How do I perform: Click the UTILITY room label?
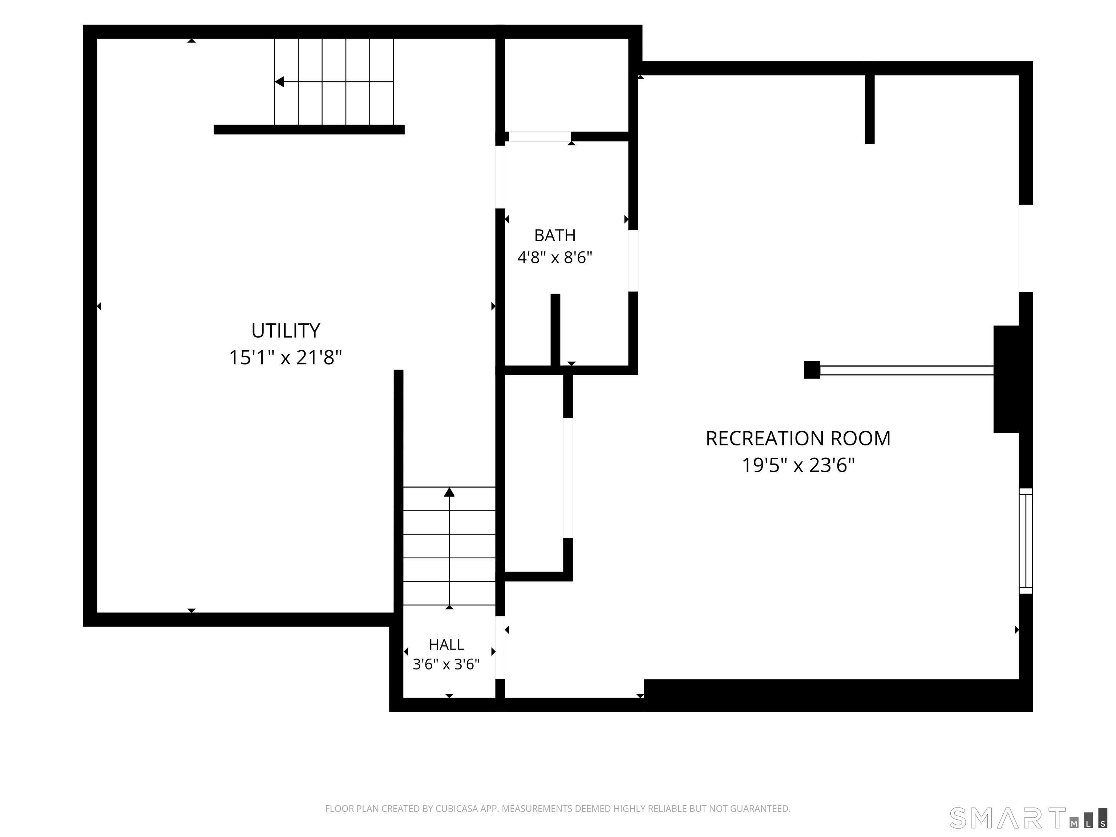(x=286, y=331)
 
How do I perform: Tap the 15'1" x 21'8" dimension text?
(x=286, y=358)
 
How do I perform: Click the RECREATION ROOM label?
(x=798, y=438)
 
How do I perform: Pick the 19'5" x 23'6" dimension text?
(x=798, y=465)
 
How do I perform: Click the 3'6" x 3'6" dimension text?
(x=446, y=664)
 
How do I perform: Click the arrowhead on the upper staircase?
(x=279, y=82)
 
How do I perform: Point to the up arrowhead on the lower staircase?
(x=449, y=492)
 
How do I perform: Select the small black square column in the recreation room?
(x=812, y=370)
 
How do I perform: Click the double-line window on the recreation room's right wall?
(x=1026, y=541)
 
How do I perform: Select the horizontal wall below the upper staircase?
(x=309, y=130)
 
